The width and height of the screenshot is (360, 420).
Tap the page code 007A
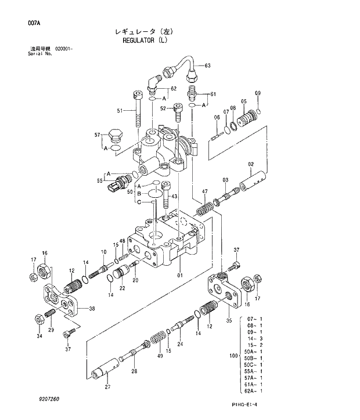pos(34,24)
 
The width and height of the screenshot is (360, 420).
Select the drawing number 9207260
pos(49,399)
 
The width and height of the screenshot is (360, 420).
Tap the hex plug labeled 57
pos(114,138)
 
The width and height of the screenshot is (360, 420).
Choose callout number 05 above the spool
pos(244,101)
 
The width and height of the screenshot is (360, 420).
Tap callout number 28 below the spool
pos(134,371)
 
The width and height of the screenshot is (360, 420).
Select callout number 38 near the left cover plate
pos(92,309)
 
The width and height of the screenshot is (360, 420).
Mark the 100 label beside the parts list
pos(234,354)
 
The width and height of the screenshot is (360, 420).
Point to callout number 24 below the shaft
pos(180,344)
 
